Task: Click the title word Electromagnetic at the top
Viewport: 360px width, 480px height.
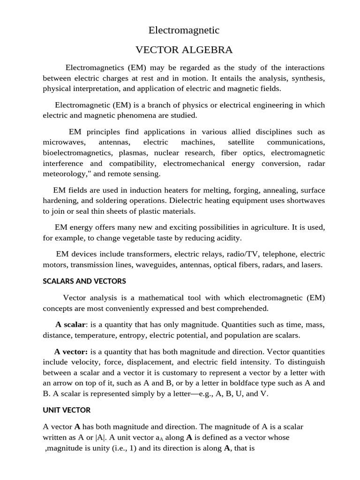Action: (184, 30)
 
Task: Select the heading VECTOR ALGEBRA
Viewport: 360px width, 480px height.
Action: (184, 50)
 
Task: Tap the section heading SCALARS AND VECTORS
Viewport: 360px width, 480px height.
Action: (84, 281)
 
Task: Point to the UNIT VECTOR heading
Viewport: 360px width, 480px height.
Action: (67, 410)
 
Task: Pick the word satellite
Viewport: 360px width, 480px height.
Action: (241, 142)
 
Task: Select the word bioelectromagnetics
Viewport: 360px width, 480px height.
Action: (77, 153)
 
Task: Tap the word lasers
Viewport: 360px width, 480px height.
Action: (311, 265)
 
